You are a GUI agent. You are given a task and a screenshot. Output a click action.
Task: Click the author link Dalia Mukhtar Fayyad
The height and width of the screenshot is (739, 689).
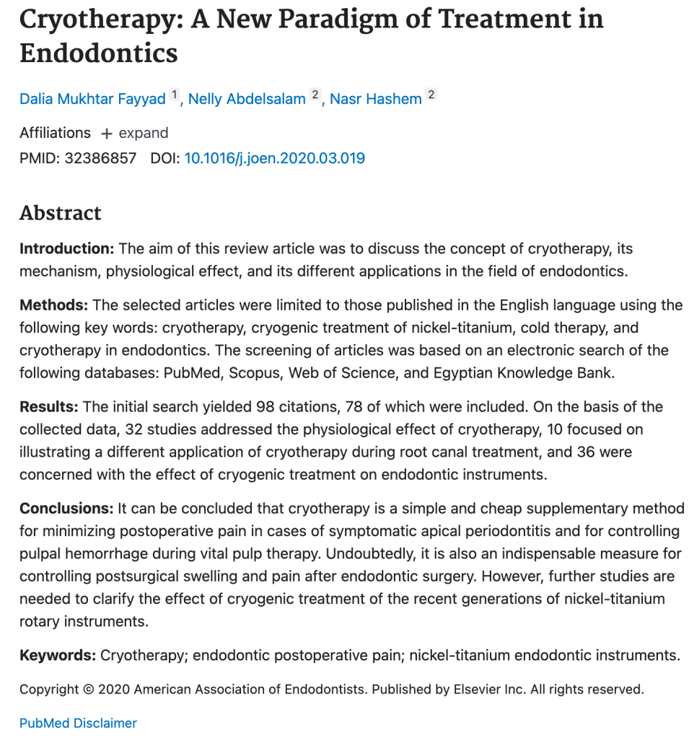(92, 99)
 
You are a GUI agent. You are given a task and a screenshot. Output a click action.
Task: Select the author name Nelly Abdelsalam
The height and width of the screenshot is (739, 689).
(247, 99)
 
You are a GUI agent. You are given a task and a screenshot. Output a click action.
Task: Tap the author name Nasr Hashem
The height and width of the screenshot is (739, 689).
(375, 99)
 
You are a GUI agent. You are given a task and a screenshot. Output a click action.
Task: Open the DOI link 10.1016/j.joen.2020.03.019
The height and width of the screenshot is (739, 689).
(275, 158)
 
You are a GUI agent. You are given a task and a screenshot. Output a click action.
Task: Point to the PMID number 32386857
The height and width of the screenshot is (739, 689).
(100, 158)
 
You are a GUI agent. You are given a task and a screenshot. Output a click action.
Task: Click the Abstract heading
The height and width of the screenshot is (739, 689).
(61, 213)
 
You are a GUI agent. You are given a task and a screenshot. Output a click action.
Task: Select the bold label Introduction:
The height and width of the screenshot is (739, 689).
(67, 249)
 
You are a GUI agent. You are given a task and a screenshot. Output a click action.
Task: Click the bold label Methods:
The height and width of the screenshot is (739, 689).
(54, 305)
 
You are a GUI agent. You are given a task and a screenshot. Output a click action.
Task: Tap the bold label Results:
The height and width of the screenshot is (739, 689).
(49, 406)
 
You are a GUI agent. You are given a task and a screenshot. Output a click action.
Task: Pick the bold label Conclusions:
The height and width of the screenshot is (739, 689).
(66, 509)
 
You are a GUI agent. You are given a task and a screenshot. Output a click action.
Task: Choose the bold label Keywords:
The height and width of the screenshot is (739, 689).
(58, 655)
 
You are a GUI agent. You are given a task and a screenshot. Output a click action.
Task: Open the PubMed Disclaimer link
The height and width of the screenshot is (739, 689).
(78, 723)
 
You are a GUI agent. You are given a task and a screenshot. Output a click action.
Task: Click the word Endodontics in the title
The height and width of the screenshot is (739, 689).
(99, 53)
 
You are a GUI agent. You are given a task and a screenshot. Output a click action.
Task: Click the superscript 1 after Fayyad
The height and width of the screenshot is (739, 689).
(174, 95)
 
